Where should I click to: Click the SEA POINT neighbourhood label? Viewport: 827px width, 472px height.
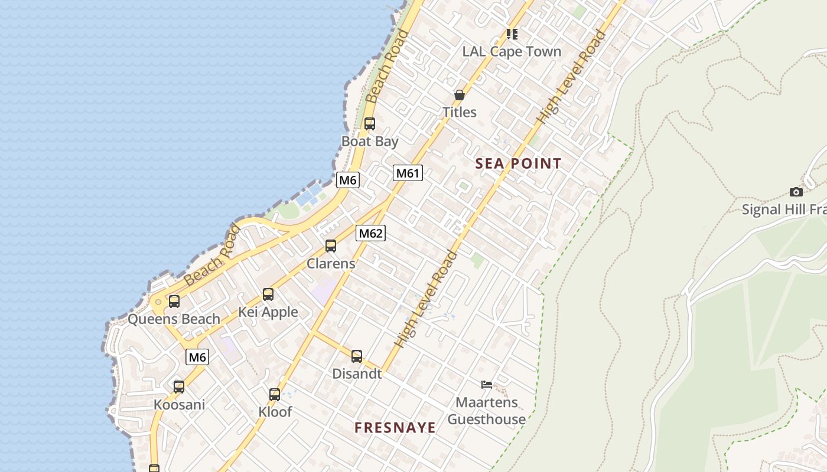(x=518, y=164)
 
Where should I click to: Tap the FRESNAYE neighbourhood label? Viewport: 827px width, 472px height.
(x=395, y=428)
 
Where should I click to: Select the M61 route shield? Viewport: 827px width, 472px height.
(x=408, y=173)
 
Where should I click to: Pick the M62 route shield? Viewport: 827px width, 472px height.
(x=370, y=233)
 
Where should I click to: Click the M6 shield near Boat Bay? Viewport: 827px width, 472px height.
(x=347, y=180)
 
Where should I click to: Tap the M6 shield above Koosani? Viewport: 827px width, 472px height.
(x=197, y=357)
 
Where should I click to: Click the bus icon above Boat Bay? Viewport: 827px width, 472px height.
(x=370, y=124)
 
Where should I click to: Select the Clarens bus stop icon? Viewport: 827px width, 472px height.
(x=331, y=246)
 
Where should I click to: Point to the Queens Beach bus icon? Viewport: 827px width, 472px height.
(x=174, y=301)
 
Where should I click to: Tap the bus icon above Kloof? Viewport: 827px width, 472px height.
(x=275, y=394)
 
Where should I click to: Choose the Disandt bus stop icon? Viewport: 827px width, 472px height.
(x=357, y=356)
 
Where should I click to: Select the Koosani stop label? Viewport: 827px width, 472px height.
(x=179, y=405)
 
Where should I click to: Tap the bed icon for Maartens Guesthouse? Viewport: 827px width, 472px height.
(x=486, y=385)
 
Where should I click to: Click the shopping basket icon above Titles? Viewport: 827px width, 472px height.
(x=460, y=94)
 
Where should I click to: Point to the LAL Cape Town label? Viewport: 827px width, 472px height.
(x=512, y=52)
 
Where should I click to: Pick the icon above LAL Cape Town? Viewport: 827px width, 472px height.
(x=512, y=34)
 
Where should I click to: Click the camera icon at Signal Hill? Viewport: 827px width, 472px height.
(x=796, y=192)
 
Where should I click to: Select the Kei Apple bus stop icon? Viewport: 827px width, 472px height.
(x=268, y=294)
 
